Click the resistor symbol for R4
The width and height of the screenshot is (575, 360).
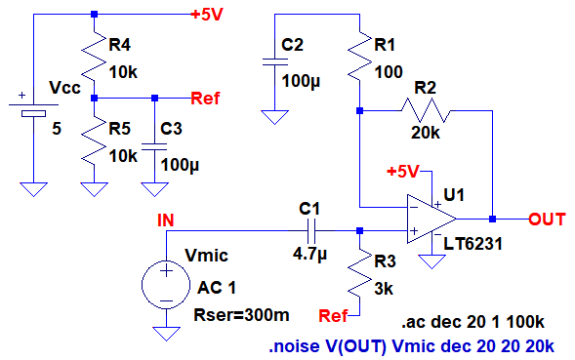coord(95,56)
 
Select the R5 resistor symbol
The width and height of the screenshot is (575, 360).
coord(95,140)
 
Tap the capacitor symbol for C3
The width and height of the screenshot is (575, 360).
coord(154,146)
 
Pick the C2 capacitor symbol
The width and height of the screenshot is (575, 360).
coord(274,62)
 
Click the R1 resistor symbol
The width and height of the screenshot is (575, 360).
coord(360,56)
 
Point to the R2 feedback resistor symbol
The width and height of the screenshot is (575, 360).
coord(426,110)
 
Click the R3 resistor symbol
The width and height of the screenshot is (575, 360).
coord(360,273)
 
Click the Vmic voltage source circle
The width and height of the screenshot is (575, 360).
coord(166,285)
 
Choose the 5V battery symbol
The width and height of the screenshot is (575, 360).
coord(33,109)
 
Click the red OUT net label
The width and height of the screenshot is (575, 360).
coord(547,220)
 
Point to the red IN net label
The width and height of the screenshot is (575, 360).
coord(166,220)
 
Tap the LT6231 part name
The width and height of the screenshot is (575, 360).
coord(472,244)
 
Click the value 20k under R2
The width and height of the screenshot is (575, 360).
coord(426,133)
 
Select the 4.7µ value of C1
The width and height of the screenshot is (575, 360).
coord(309,254)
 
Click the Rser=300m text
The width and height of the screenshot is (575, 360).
coord(242,315)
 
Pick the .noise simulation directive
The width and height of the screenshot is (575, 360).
coord(411,345)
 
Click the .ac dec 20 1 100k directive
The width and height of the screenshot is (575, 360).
coord(473,322)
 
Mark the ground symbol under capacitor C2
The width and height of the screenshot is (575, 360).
coord(274,117)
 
